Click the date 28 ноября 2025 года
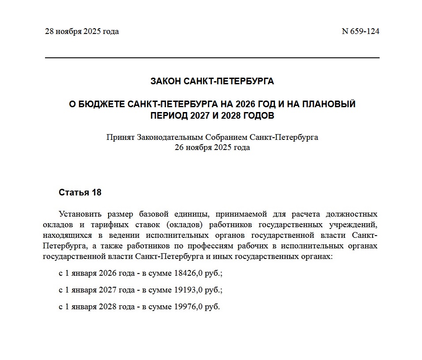[82, 31]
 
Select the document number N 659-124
[361, 31]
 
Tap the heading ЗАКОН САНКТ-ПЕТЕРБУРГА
[212, 81]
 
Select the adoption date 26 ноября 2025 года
[212, 147]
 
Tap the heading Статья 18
[80, 193]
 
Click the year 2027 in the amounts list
[107, 290]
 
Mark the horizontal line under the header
[212, 58]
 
